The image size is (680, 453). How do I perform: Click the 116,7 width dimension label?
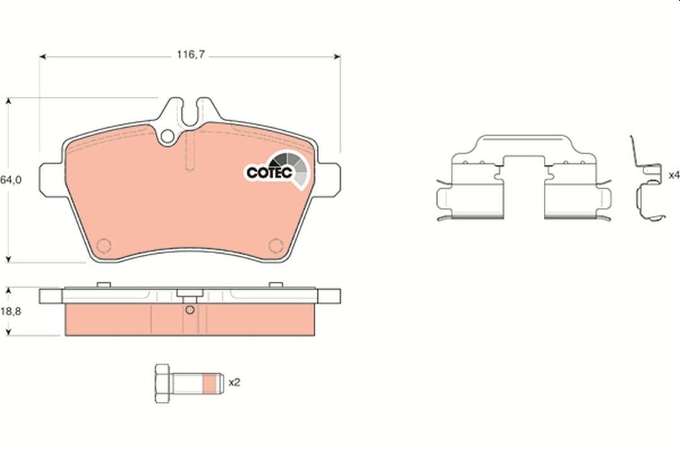[x=190, y=55]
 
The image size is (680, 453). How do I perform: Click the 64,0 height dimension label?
[x=11, y=179]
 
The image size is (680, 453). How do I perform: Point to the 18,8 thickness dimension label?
[x=11, y=311]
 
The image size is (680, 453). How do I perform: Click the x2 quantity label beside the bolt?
[x=234, y=383]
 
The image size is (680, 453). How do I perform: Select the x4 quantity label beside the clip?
[x=674, y=175]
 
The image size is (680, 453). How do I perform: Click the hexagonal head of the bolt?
[x=162, y=384]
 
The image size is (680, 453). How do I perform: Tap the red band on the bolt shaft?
[x=209, y=384]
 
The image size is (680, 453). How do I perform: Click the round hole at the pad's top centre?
[x=167, y=136]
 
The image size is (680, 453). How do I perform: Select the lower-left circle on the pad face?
[x=104, y=246]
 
